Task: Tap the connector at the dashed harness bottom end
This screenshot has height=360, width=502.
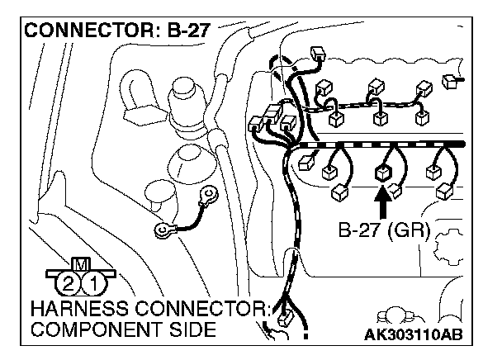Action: (x=285, y=318)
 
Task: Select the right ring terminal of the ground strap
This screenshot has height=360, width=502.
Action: (x=212, y=196)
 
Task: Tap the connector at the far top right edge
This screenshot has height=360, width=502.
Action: (x=450, y=82)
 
